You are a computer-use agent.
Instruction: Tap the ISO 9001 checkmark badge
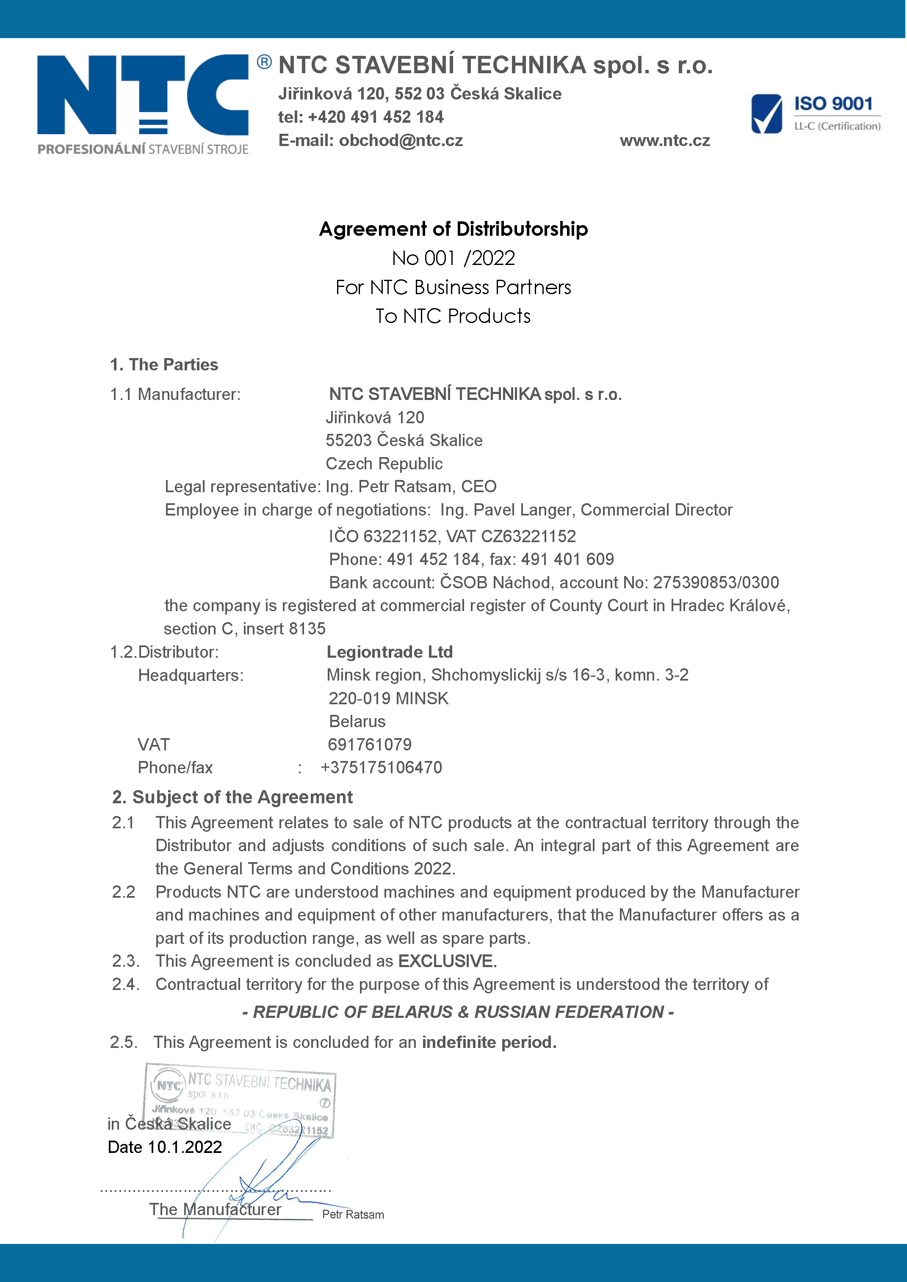[766, 114]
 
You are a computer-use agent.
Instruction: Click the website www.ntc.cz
[665, 141]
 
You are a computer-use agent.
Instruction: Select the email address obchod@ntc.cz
[401, 141]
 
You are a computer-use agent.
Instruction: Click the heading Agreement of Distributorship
[453, 229]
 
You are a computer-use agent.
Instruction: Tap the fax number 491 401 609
[580, 560]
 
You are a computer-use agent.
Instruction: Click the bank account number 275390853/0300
[716, 583]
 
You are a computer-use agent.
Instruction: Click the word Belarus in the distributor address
[357, 721]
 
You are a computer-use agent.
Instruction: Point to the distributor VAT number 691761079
[369, 745]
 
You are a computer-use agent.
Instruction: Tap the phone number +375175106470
[382, 768]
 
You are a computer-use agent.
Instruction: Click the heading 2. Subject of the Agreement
[232, 797]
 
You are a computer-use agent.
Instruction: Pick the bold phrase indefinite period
[489, 1042]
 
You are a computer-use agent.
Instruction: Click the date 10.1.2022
[184, 1147]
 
